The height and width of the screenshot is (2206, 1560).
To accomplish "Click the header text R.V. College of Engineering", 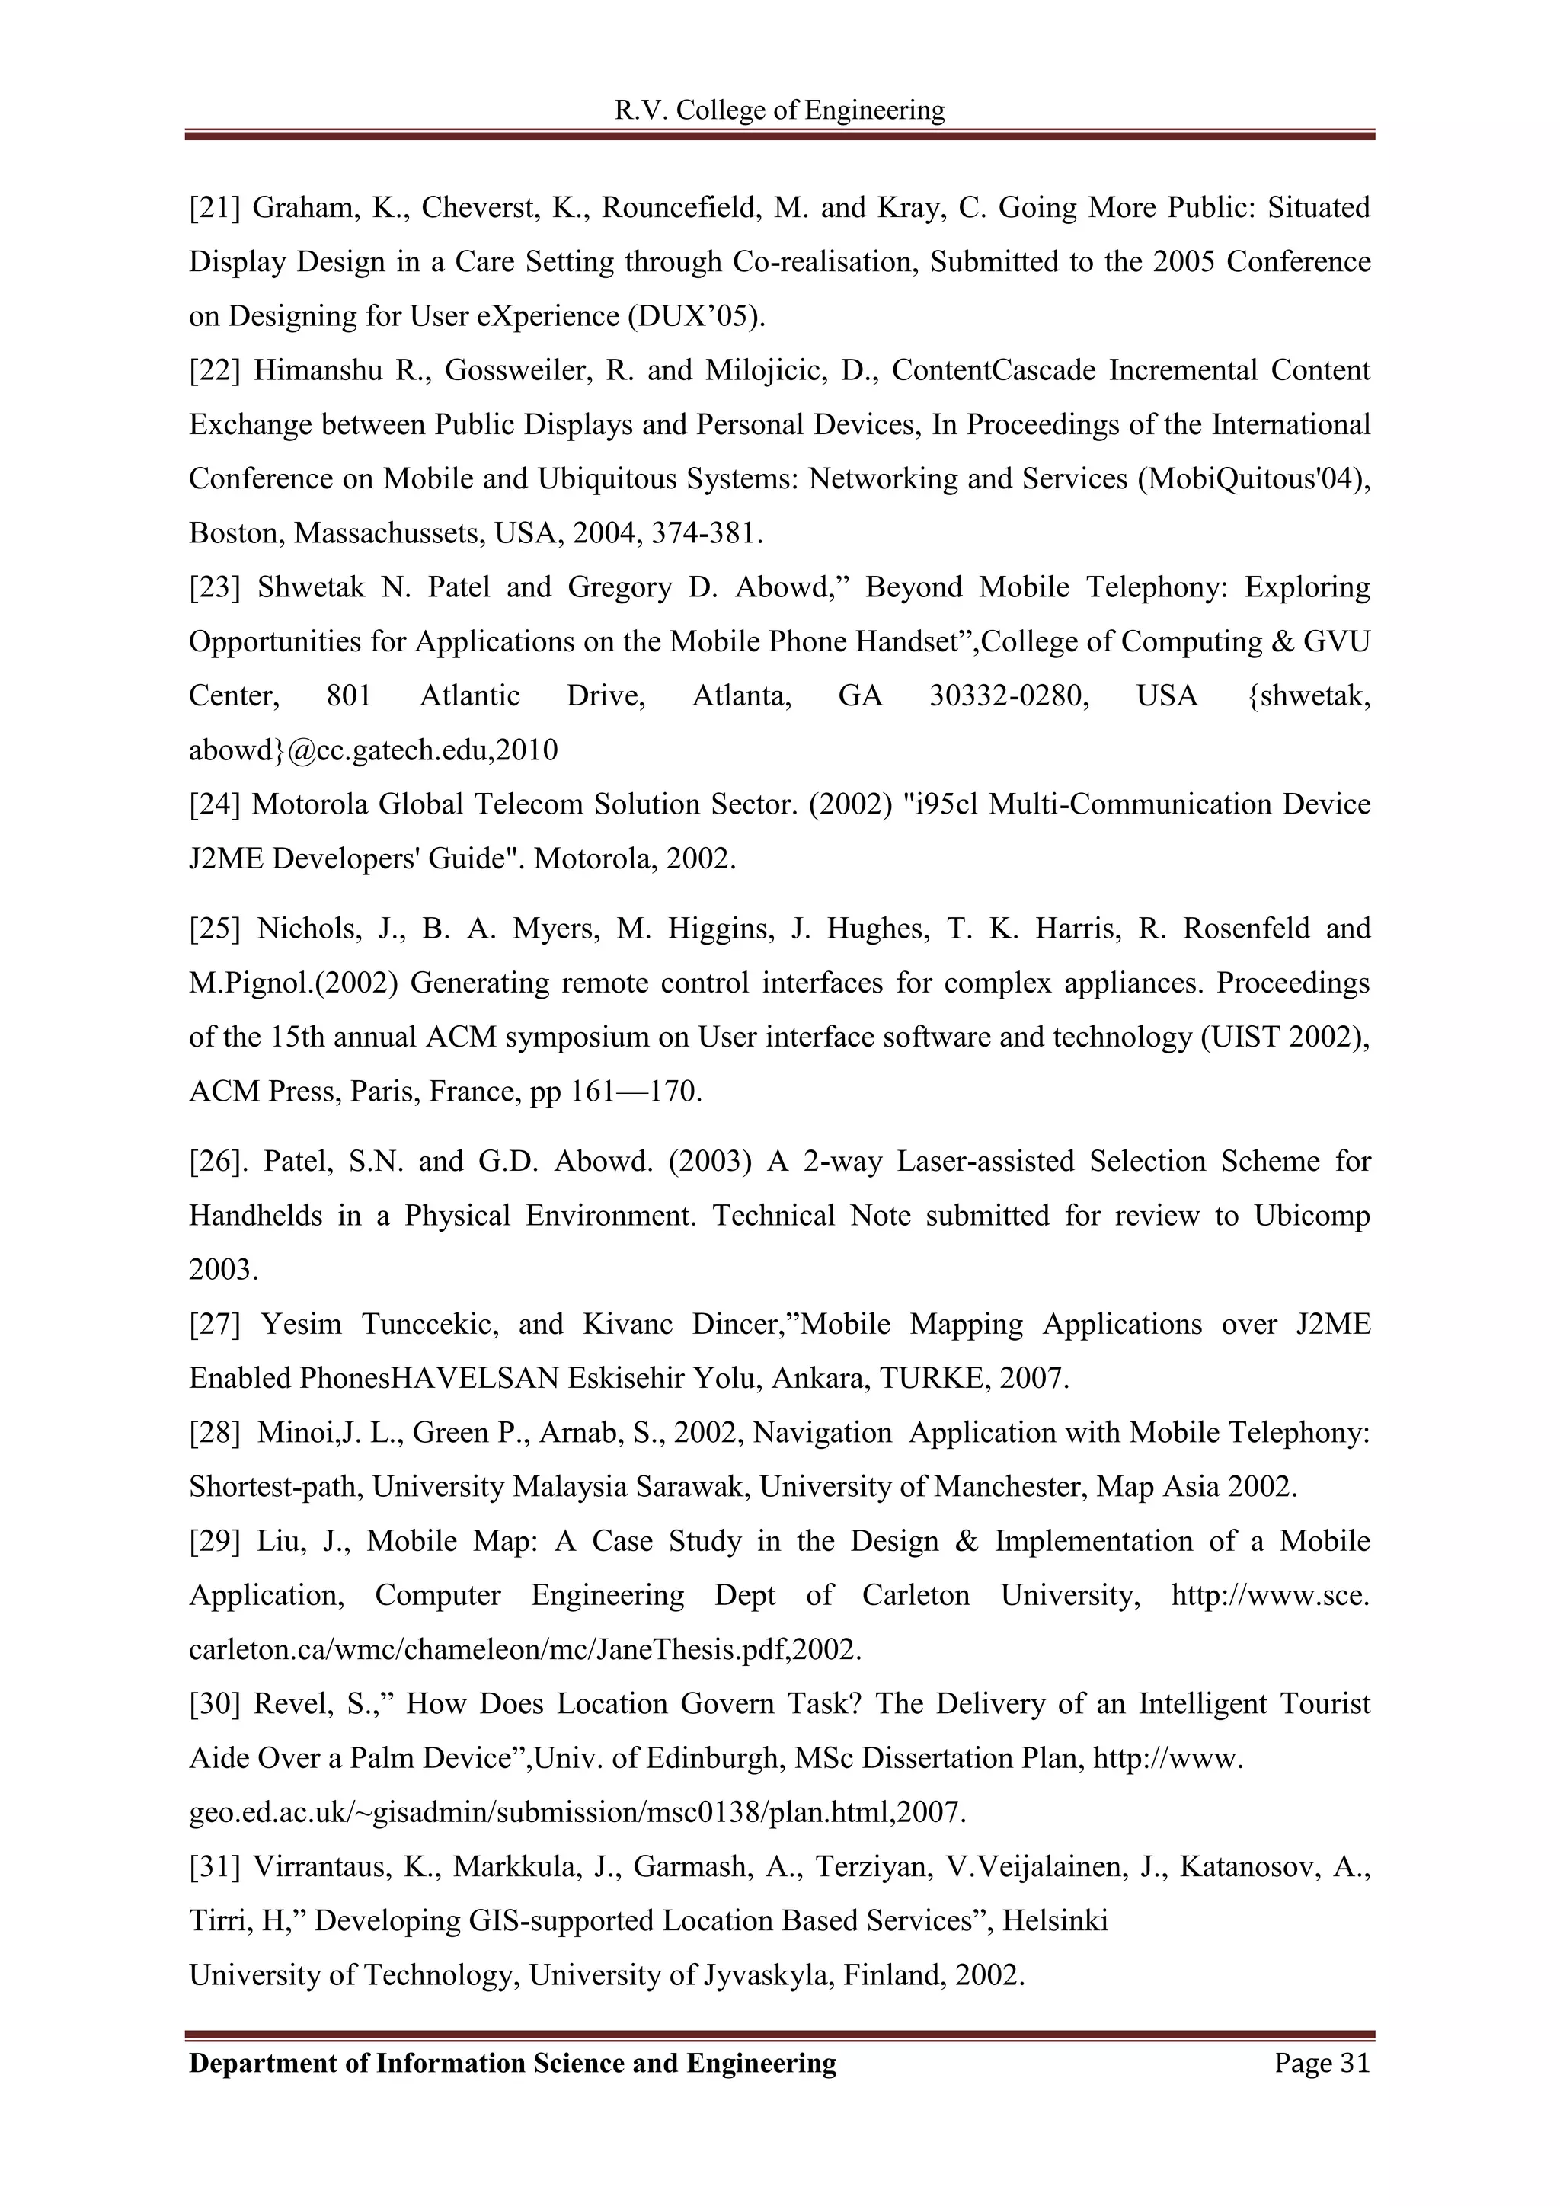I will coord(779,110).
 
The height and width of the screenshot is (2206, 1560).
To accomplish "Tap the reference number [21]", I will coord(214,207).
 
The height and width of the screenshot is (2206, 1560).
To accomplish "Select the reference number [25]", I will coord(214,929).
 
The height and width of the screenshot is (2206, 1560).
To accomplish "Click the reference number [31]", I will coord(214,1867).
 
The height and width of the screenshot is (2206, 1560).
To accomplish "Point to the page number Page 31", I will coord(1322,2063).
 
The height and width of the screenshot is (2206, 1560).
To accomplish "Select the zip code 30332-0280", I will coord(1009,695).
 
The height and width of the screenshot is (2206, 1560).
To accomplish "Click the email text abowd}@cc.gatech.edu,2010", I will coord(372,750).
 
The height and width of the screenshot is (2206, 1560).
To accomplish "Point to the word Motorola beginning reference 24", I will coord(309,804).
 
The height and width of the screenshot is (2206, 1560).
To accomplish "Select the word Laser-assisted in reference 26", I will coord(986,1162).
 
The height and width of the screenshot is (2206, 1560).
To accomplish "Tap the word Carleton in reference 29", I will coord(915,1596).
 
